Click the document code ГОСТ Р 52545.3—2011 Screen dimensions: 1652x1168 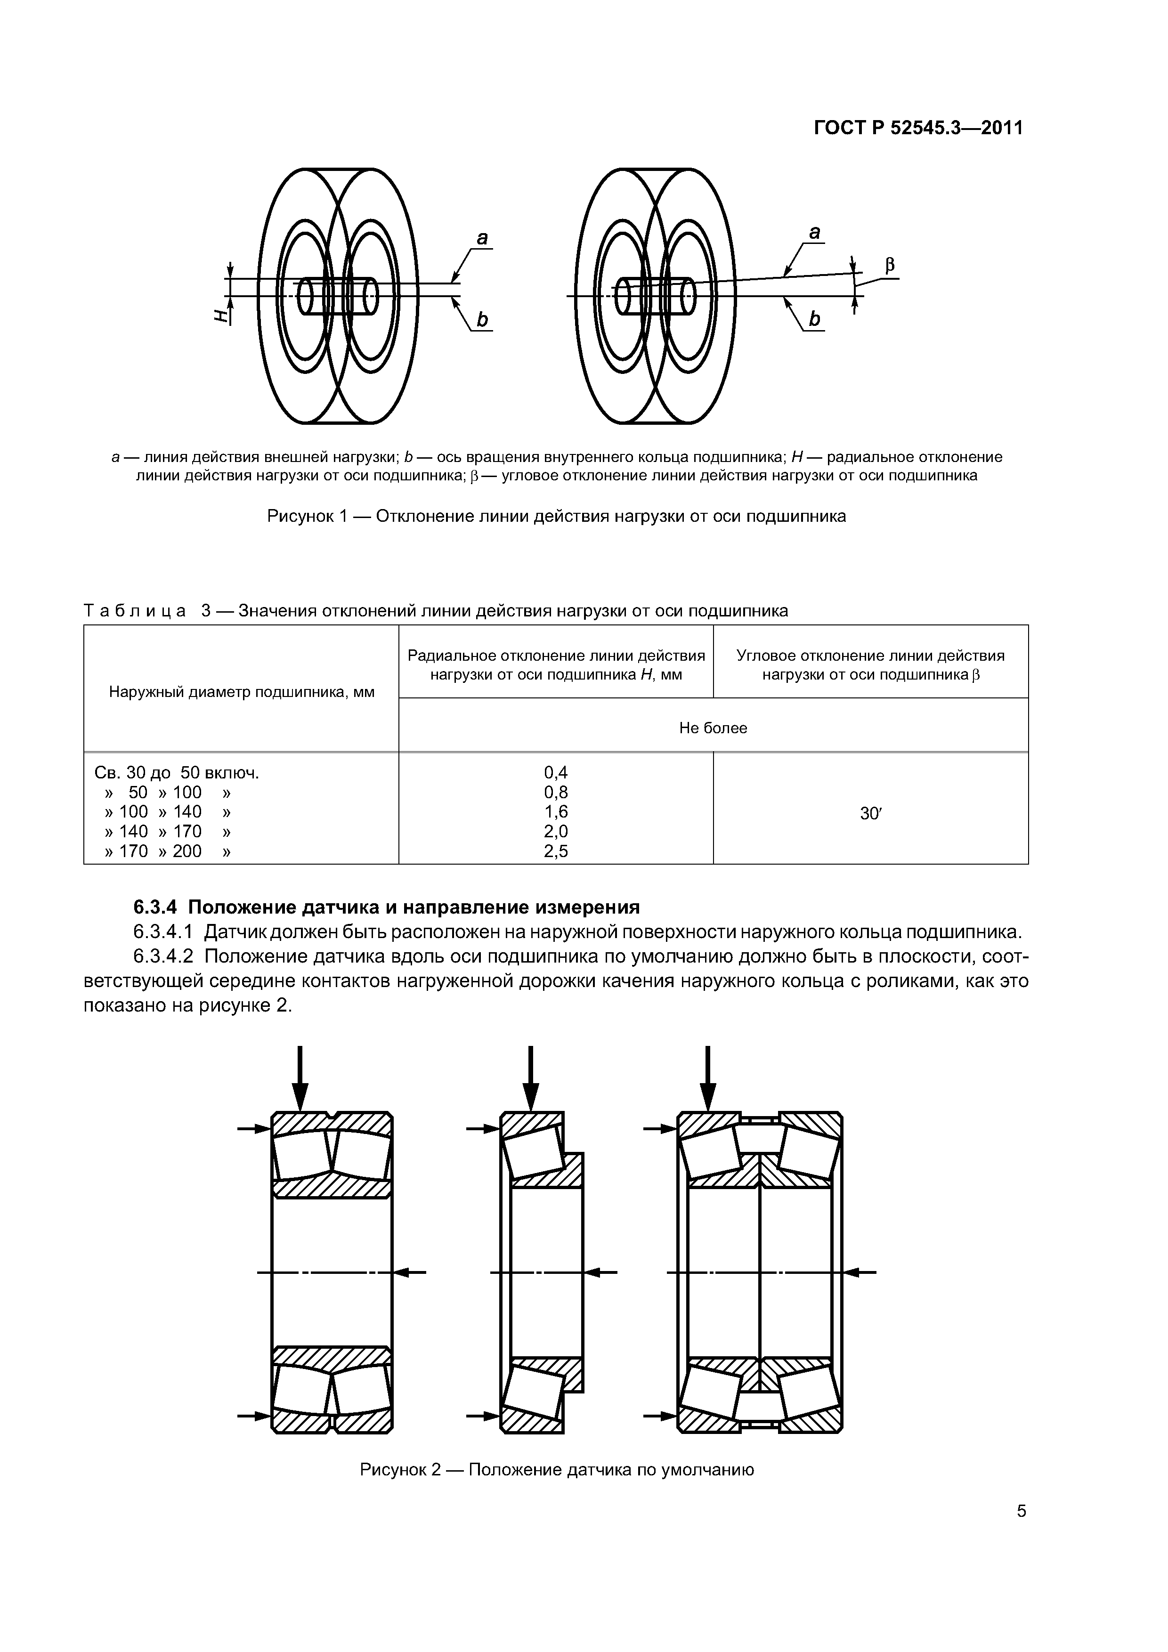click(x=917, y=128)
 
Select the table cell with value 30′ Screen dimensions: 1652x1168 click(x=870, y=814)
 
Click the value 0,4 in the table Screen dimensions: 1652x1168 click(x=556, y=773)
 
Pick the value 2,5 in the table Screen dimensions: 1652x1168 click(x=556, y=851)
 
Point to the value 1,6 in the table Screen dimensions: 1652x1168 click(x=556, y=811)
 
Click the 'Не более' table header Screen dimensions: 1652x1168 click(x=713, y=728)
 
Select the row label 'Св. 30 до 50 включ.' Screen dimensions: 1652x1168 click(x=176, y=773)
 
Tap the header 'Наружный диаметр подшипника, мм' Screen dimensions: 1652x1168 click(x=241, y=692)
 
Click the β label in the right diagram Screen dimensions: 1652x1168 click(x=890, y=266)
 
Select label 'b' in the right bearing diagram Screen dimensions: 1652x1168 click(x=814, y=319)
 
